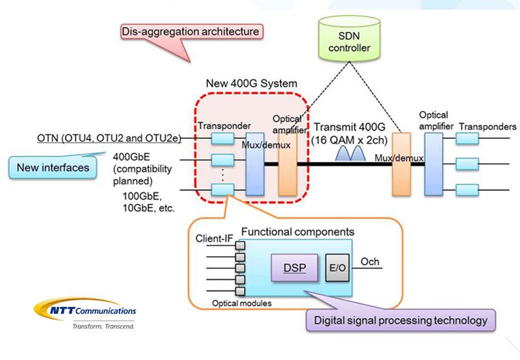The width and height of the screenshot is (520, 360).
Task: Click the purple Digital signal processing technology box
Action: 400,320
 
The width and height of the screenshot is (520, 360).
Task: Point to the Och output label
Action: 370,262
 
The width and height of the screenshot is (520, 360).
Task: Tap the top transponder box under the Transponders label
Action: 467,138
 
